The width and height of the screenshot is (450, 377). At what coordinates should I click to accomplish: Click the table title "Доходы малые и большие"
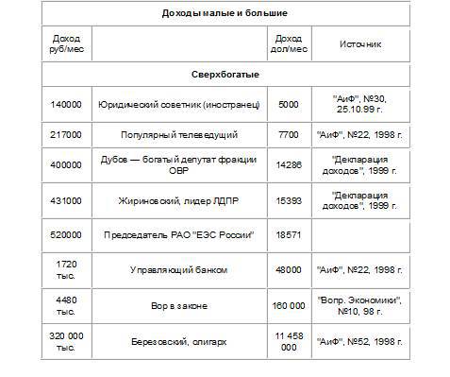225,13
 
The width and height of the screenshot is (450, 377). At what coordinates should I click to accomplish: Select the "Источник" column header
360,43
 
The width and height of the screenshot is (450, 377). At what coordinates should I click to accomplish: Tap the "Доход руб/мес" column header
68,43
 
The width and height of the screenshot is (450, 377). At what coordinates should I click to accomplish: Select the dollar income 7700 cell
288,135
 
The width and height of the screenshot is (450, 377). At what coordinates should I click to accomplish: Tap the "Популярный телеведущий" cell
178,135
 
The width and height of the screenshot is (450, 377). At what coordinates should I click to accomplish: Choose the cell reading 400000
68,167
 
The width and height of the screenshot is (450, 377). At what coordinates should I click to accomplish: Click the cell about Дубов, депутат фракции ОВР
178,167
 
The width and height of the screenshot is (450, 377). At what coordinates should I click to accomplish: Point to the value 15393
288,200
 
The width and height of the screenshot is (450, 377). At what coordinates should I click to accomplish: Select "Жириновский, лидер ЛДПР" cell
178,200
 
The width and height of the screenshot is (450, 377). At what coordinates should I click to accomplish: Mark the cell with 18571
288,233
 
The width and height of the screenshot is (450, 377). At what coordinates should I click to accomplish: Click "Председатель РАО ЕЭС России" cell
178,233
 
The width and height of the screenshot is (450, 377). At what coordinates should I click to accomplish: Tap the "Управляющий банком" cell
178,269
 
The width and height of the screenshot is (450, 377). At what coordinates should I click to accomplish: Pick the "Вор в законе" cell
178,305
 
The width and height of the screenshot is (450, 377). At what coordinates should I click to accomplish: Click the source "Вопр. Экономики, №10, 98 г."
360,305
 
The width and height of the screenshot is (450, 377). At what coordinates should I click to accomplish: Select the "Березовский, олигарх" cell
178,340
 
